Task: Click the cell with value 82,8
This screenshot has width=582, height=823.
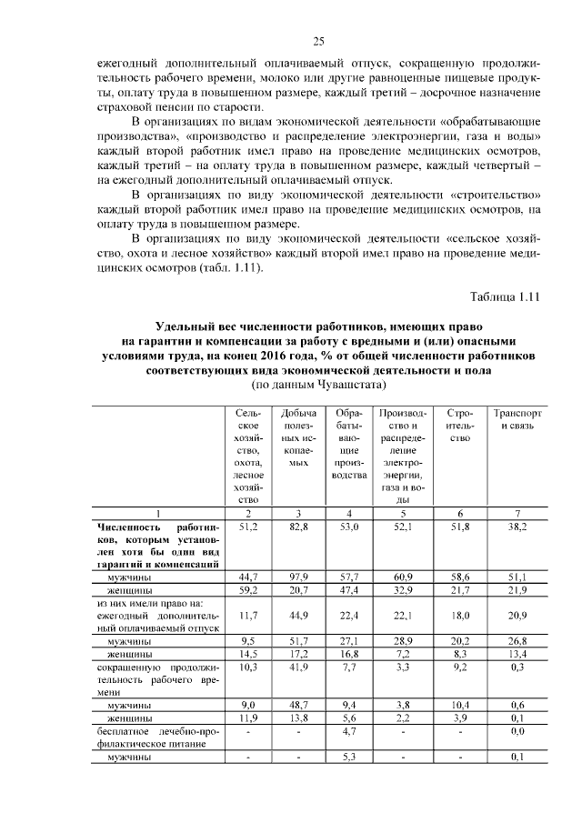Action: coord(293,527)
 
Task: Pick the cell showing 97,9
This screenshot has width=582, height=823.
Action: coord(293,577)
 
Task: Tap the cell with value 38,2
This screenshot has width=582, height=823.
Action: coord(517,527)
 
